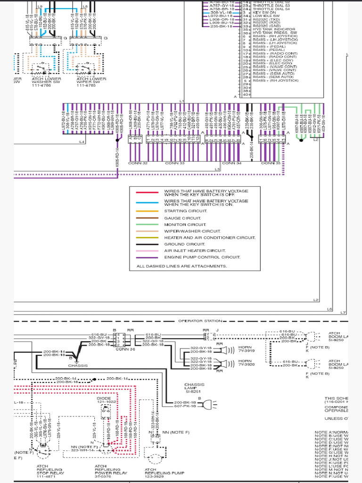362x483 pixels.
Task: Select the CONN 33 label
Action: tap(175, 163)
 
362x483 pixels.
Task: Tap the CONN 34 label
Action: tap(231, 163)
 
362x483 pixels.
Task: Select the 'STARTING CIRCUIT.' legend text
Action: tap(185, 211)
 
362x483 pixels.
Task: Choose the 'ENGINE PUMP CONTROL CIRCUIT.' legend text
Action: tap(202, 258)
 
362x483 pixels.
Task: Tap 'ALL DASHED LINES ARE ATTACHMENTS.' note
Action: tap(178, 266)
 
